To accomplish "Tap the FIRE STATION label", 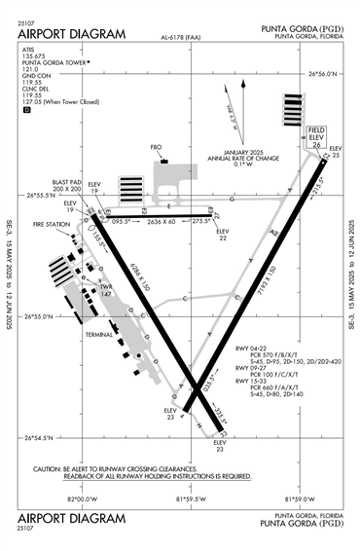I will tap(53, 225).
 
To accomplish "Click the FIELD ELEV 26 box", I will tap(317, 137).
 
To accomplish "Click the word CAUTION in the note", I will tap(49, 468).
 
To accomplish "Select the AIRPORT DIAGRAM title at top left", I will tap(72, 34).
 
